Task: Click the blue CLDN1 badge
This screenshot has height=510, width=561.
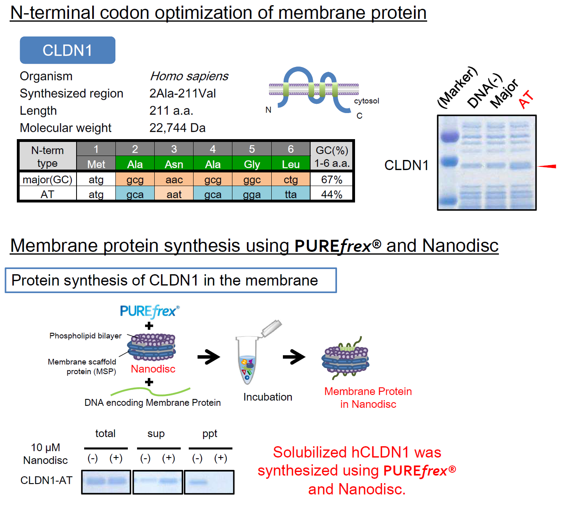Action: click(67, 50)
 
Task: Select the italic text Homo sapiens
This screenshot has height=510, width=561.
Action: click(189, 76)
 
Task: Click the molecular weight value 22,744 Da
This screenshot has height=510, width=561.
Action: click(177, 128)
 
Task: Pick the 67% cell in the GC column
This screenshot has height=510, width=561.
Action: click(332, 180)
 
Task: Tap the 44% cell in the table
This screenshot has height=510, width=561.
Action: click(332, 194)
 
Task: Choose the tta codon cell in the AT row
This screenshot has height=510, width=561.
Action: click(291, 194)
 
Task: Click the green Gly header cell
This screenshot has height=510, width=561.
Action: click(252, 164)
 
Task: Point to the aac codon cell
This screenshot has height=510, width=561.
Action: click(174, 180)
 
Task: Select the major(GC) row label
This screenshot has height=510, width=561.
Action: click(47, 180)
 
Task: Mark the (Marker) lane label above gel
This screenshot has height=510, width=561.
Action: click(457, 87)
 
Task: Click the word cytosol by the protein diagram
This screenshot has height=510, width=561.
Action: click(366, 101)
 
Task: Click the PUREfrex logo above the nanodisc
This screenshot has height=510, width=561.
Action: click(149, 311)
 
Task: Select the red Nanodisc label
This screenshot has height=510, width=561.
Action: click(153, 369)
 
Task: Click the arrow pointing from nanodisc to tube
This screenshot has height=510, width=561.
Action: click(209, 356)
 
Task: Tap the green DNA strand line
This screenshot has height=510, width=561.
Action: click(151, 391)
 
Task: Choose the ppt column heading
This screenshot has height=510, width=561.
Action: click(210, 433)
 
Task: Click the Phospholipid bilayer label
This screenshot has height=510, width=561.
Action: click(85, 336)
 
